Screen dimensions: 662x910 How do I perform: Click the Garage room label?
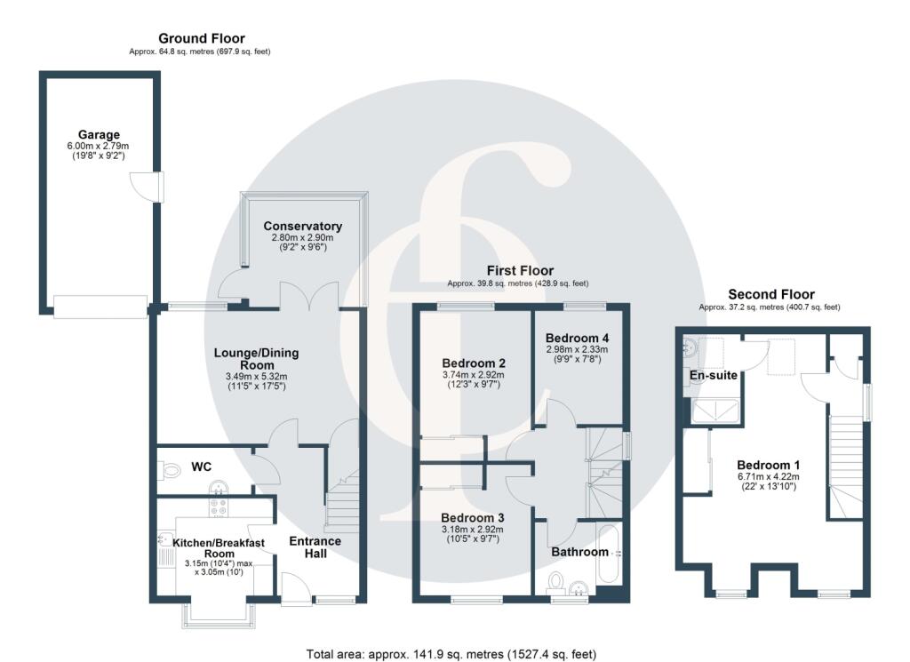(x=98, y=135)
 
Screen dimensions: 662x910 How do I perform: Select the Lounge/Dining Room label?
(x=256, y=359)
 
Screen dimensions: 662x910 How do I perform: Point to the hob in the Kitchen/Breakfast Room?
(x=219, y=509)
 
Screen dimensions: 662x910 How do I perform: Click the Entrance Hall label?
(x=315, y=547)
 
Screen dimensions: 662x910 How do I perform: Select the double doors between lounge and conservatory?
(x=307, y=296)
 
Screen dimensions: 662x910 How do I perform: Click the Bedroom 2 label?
(x=474, y=363)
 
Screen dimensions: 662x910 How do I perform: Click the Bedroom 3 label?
(x=474, y=518)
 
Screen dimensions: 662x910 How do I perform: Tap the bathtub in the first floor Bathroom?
(x=611, y=555)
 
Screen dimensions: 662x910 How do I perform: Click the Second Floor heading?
(x=770, y=294)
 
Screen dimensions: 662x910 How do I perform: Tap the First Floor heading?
(x=519, y=270)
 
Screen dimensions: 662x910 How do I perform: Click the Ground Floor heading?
(x=201, y=38)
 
